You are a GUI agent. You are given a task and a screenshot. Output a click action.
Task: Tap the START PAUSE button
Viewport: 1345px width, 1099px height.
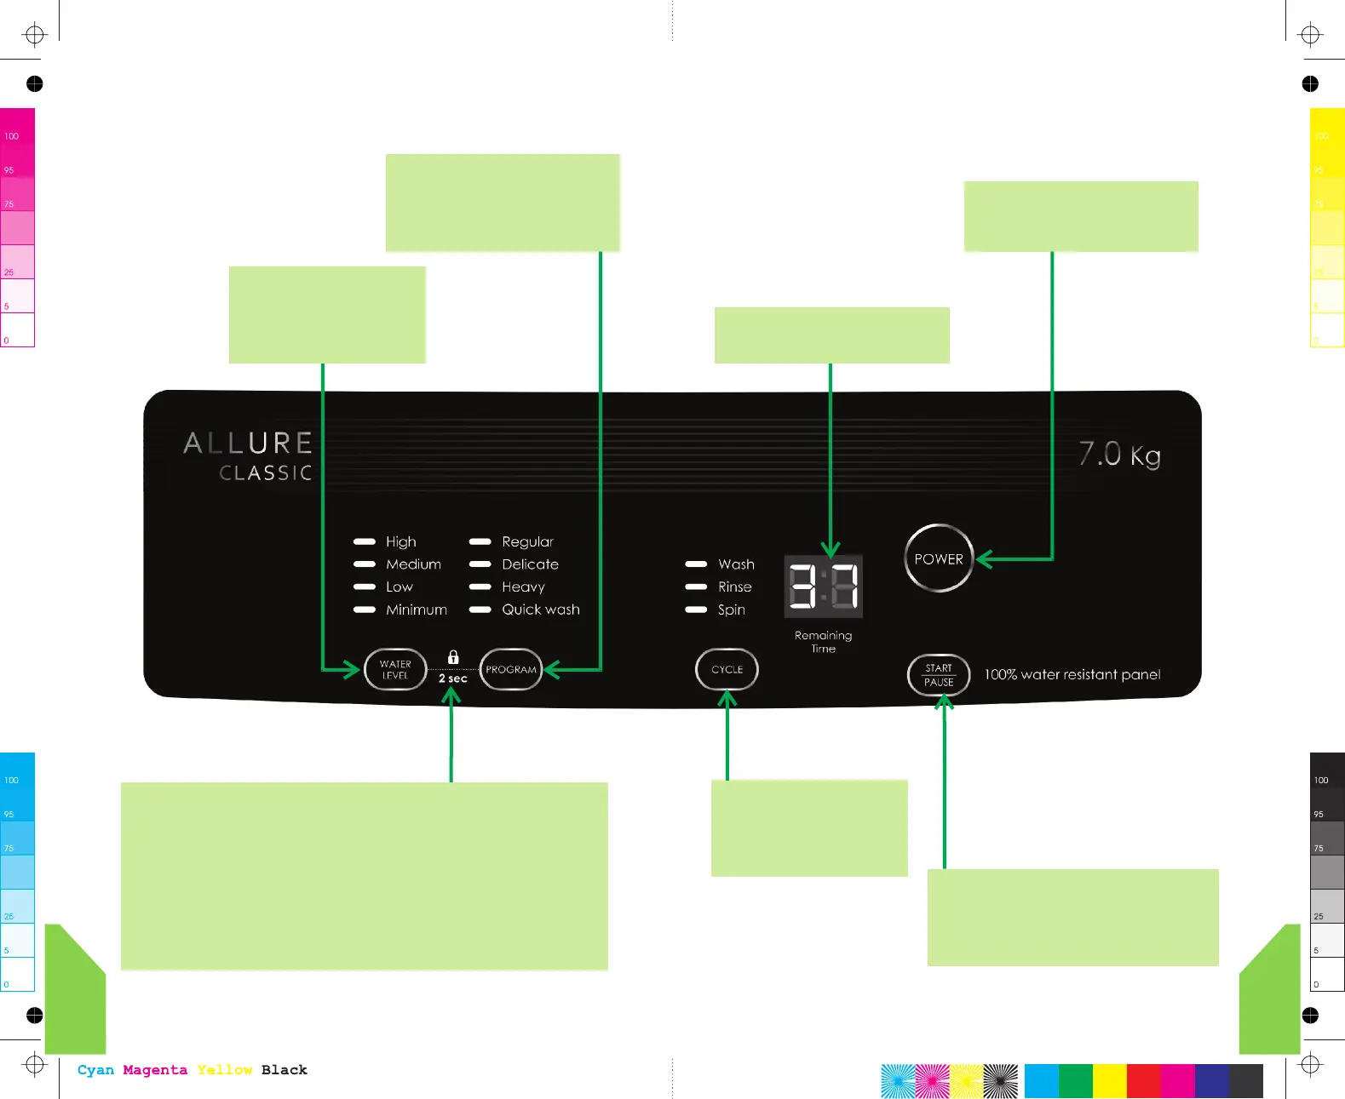[938, 675]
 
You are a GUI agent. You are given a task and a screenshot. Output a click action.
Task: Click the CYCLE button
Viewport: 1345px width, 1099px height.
[727, 669]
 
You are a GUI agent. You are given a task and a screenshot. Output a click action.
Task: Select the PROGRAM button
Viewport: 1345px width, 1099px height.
[511, 669]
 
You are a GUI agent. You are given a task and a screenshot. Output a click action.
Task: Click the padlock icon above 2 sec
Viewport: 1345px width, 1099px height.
[453, 657]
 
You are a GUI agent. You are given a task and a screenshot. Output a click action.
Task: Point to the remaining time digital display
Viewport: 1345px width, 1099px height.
[823, 587]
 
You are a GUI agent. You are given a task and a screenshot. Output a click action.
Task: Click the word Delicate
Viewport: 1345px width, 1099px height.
[530, 564]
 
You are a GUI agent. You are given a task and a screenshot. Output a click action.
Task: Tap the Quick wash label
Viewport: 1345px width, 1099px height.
[540, 610]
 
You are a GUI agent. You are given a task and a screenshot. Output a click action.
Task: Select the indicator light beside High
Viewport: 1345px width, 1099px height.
[365, 541]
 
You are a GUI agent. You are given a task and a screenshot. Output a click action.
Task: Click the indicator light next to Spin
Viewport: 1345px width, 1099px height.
[696, 610]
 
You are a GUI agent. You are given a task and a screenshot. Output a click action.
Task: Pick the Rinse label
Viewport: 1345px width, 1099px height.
[734, 587]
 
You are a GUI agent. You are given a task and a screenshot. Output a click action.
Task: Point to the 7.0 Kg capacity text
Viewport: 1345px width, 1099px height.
[1119, 454]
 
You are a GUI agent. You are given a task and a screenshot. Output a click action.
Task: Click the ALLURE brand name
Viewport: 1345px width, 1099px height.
[248, 443]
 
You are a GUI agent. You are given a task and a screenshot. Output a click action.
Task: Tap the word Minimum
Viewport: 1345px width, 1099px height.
[416, 610]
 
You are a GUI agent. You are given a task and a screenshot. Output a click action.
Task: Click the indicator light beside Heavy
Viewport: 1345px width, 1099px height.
[480, 587]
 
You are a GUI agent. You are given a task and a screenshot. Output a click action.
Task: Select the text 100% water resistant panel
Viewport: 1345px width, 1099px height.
[1072, 674]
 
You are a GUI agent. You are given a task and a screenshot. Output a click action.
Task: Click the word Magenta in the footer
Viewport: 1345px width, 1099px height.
[154, 1070]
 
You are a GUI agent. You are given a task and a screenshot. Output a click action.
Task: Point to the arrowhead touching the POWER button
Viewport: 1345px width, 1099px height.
[983, 559]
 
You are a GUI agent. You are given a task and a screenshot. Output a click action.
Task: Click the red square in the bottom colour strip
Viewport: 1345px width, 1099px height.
[1143, 1081]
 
